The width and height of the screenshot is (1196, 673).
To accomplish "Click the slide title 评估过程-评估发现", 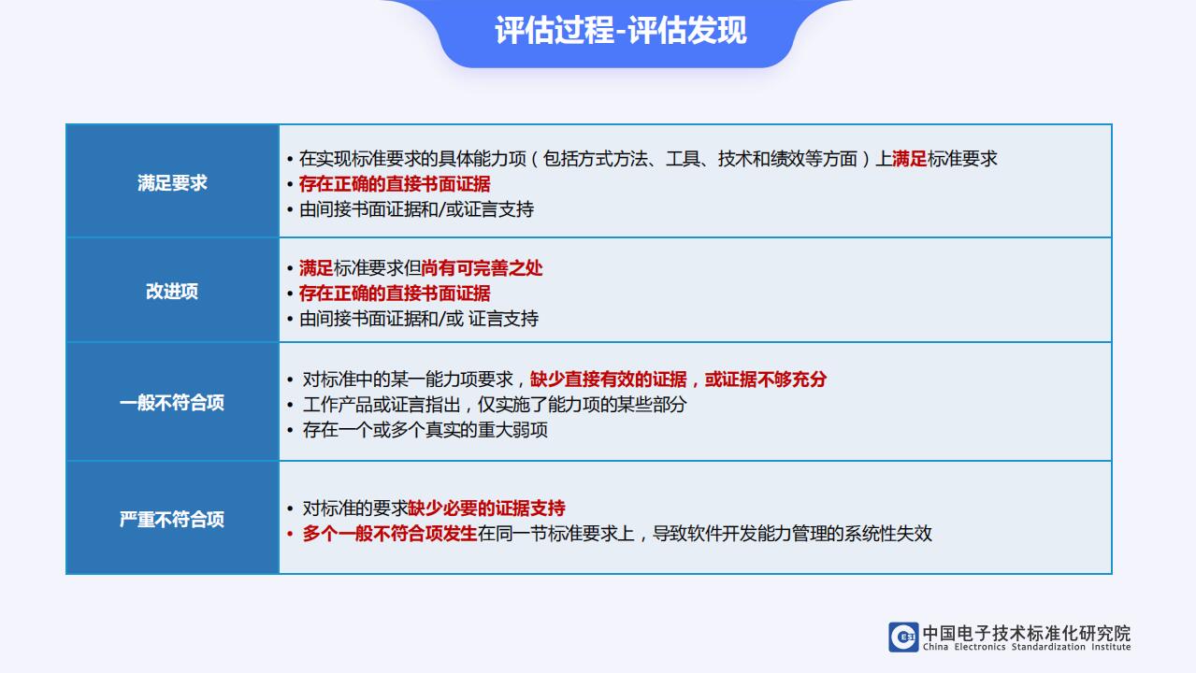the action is pos(620,31).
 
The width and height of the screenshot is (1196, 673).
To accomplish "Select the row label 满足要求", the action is pos(172,183).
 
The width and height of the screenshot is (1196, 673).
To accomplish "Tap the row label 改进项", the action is pos(172,292).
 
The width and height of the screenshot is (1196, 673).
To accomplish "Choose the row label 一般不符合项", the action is pos(172,403).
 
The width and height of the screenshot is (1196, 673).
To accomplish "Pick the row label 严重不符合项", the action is pos(172,520).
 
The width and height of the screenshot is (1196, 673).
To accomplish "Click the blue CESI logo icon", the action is pos(903,637).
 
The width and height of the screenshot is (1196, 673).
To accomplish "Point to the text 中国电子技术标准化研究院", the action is pos(1027,633).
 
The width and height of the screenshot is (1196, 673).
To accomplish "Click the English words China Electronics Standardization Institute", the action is pos(1027,647).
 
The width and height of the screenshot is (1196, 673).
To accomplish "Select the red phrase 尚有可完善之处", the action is pos(482,268).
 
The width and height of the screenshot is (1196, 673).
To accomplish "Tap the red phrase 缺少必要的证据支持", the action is pos(486,508).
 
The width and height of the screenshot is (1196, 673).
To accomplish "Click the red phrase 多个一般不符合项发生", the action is pos(390,534).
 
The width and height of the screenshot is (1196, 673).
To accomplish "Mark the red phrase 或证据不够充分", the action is pos(766,379).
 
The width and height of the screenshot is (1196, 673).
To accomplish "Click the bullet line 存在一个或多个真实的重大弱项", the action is pos(425,430).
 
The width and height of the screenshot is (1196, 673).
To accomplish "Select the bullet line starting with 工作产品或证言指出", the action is pos(495,405).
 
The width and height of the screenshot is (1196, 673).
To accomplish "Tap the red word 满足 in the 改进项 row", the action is pos(316,268).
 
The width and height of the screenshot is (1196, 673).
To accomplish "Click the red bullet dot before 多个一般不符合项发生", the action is pos(290,534).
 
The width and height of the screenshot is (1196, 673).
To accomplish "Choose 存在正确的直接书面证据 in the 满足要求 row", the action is pos(395,184).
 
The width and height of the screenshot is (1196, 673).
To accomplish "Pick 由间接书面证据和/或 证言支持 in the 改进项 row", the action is pos(419,319).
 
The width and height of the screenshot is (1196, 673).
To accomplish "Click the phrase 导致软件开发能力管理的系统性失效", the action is pos(792,534).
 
